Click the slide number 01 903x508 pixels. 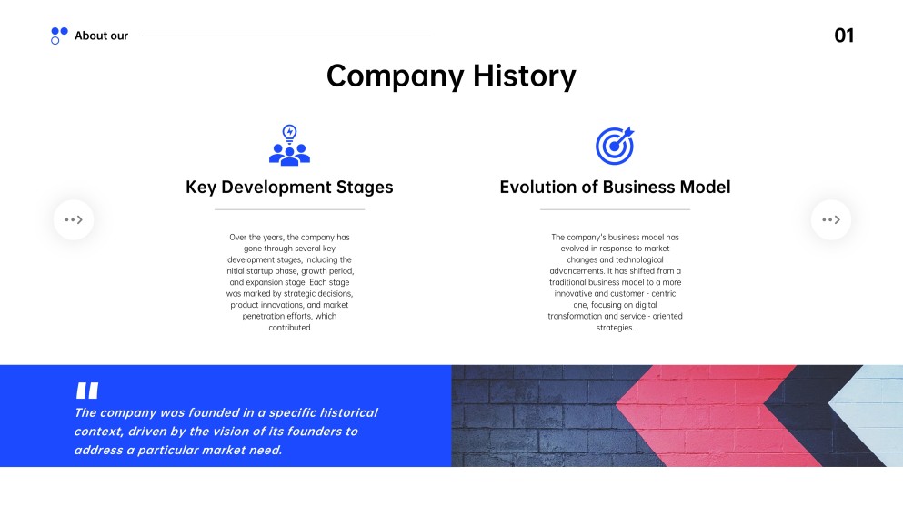click(844, 36)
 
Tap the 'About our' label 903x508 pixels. click(101, 36)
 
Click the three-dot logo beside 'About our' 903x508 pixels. click(59, 36)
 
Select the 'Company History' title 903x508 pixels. click(451, 76)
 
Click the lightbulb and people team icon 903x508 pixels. click(289, 146)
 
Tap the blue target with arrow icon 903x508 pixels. click(615, 146)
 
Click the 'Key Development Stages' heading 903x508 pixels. click(289, 187)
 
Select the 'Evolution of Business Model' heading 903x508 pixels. click(615, 187)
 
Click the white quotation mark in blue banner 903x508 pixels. click(87, 391)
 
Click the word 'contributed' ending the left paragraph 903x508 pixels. click(289, 328)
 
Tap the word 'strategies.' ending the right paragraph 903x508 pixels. click(615, 328)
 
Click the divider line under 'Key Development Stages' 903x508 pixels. click(289, 209)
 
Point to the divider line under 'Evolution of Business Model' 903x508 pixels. click(615, 209)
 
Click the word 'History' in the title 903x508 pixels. click(524, 76)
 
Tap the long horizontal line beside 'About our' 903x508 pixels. click(285, 36)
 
